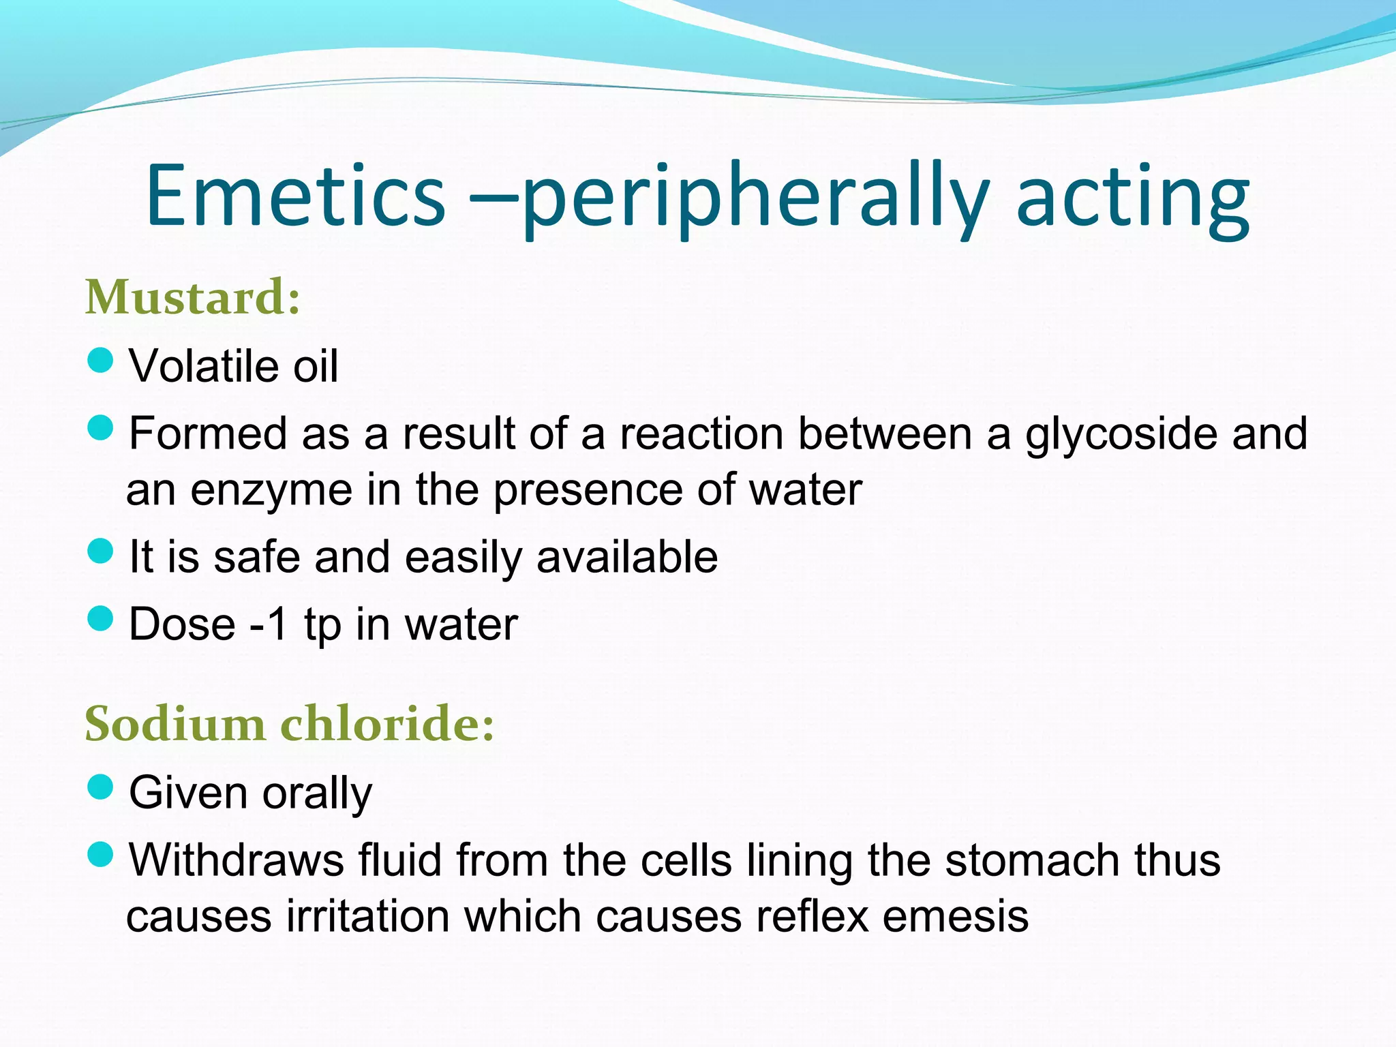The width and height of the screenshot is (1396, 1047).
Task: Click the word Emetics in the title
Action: (295, 196)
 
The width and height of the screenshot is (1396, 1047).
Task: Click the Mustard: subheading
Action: (193, 298)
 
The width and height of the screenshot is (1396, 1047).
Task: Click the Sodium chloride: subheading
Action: (289, 723)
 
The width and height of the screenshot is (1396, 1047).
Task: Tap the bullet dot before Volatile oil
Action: (100, 361)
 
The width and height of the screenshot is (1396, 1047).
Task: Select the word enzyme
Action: (271, 490)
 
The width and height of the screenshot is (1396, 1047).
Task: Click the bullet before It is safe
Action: (100, 551)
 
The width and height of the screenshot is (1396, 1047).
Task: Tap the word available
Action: (626, 557)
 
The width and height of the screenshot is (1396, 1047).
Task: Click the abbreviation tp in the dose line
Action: (322, 625)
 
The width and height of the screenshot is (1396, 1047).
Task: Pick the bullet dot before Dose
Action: (100, 619)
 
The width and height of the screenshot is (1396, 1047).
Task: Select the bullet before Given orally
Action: (100, 787)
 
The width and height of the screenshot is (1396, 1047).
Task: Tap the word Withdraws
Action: (237, 860)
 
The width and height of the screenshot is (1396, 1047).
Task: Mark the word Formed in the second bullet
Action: (208, 434)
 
